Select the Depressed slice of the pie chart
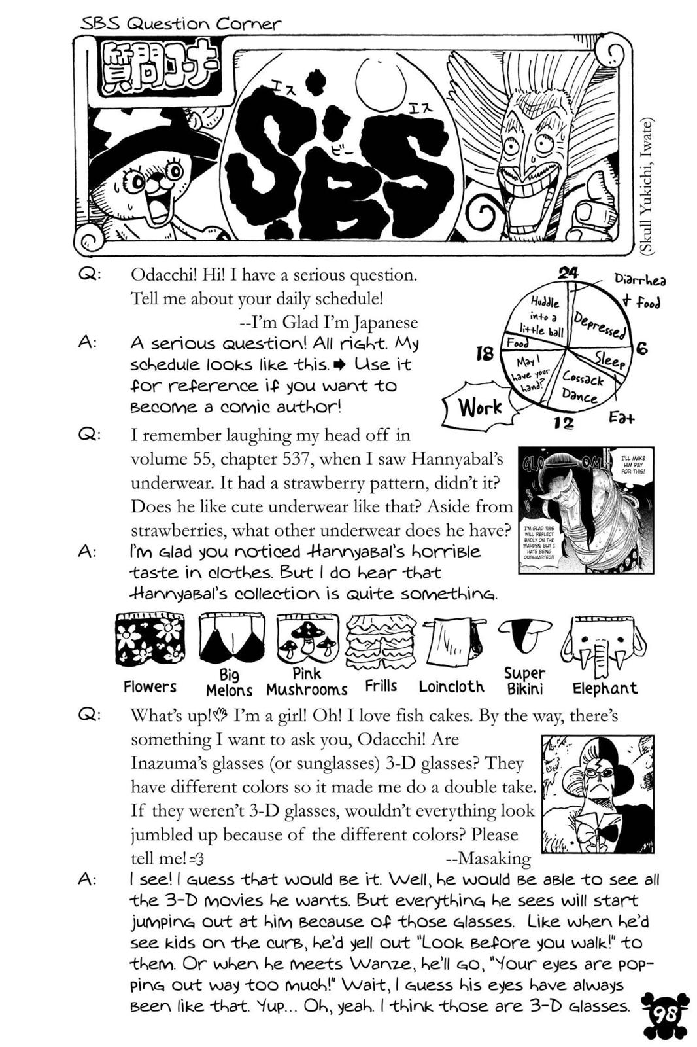pos(598,323)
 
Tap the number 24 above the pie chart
pos(568,273)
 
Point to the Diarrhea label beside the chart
pos(639,279)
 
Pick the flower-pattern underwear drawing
pos(149,639)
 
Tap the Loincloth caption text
pos(451,686)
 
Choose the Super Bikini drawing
pos(524,635)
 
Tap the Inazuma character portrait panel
pos(598,793)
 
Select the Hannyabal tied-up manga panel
pos(585,510)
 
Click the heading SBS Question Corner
pos(180,24)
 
